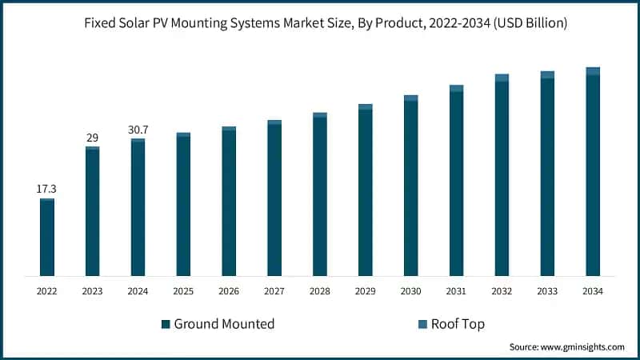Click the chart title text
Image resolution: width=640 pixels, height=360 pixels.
pyautogui.click(x=320, y=23)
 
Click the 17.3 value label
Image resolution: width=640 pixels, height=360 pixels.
pyautogui.click(x=46, y=189)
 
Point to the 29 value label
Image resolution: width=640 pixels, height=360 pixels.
pyautogui.click(x=92, y=138)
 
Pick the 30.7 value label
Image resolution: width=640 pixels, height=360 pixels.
pyautogui.click(x=138, y=130)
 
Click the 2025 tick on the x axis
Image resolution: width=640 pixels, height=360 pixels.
pyautogui.click(x=183, y=292)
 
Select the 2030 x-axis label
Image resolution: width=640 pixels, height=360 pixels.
pyautogui.click(x=410, y=292)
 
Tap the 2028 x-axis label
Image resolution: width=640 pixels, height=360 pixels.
pyautogui.click(x=320, y=292)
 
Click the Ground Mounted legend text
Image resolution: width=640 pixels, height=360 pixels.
pyautogui.click(x=224, y=324)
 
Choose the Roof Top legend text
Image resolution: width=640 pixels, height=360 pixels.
pyautogui.click(x=458, y=324)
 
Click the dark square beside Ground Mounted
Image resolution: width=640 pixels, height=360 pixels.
pyautogui.click(x=166, y=324)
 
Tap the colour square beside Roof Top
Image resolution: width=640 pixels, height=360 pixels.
pyautogui.click(x=423, y=324)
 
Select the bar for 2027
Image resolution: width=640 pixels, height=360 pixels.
pyautogui.click(x=274, y=200)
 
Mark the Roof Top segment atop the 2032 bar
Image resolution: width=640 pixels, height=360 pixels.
pyautogui.click(x=502, y=78)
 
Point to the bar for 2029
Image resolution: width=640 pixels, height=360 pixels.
pyautogui.click(x=366, y=192)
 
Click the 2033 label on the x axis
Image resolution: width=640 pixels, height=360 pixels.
pyautogui.click(x=547, y=292)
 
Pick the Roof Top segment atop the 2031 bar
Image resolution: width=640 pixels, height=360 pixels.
pyautogui.click(x=456, y=88)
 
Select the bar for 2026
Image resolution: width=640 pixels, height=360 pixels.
pyautogui.click(x=229, y=203)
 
